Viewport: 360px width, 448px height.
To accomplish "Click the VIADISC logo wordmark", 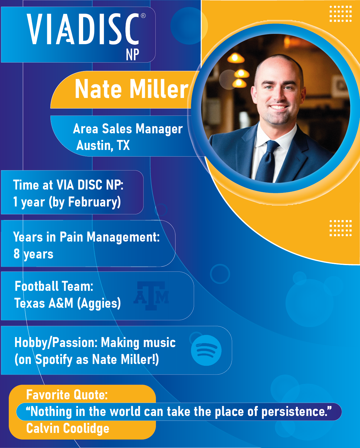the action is (83, 29).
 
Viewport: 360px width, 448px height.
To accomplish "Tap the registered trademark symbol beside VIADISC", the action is (143, 16).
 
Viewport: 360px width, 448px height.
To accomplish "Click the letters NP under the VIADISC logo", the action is (132, 54).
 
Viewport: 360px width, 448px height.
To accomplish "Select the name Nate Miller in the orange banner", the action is (131, 89).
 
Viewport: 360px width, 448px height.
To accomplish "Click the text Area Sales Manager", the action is (128, 129).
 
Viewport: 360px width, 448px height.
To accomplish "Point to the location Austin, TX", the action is (103, 145).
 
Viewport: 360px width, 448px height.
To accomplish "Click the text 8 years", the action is (33, 254).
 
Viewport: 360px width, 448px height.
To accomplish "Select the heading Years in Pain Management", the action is (86, 237).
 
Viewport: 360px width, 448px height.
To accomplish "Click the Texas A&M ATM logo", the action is (151, 296).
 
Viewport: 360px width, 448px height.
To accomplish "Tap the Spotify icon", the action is (206, 350).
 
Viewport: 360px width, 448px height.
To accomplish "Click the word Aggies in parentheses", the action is (99, 303).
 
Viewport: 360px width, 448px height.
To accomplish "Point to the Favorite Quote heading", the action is (67, 395).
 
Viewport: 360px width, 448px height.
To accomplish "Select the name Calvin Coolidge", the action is (68, 428).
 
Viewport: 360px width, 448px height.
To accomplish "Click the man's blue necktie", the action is (267, 161).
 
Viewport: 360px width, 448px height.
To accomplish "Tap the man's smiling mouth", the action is (278, 107).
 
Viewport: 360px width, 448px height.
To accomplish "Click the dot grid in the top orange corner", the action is (341, 14).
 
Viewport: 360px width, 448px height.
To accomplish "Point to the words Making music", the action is (138, 343).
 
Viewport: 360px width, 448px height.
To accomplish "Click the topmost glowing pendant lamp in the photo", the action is (236, 58).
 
